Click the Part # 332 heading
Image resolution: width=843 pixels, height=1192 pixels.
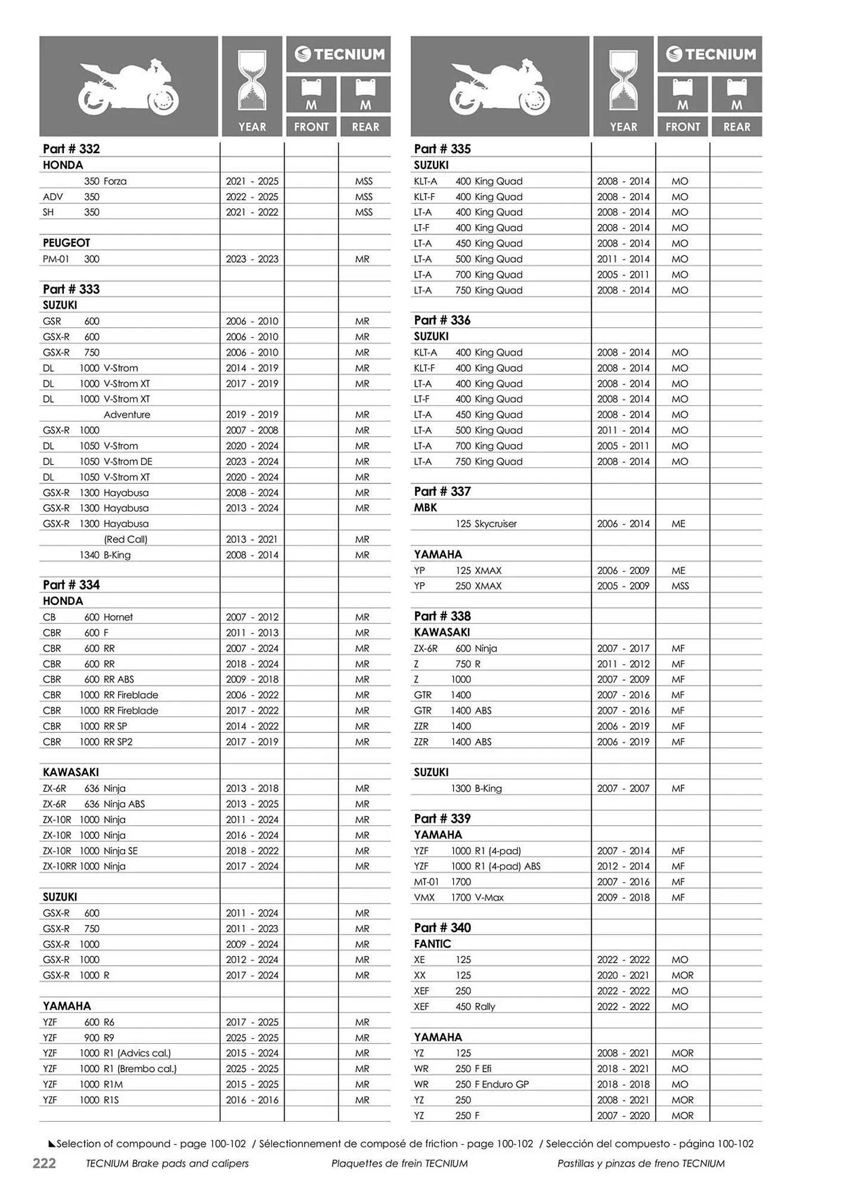71,149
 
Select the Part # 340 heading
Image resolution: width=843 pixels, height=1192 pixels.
442,928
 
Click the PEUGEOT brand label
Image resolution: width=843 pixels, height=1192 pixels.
66,243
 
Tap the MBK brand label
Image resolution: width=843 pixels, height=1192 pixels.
425,508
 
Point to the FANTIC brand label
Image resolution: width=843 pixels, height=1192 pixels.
432,944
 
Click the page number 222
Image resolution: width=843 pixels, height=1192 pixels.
44,1163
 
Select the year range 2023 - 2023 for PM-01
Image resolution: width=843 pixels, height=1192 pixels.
252,259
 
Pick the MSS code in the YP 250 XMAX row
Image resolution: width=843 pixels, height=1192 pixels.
680,586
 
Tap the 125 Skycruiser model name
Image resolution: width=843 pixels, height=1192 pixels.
486,524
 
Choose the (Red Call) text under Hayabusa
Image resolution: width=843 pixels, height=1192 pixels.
125,539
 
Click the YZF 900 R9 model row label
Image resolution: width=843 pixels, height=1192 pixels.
78,1038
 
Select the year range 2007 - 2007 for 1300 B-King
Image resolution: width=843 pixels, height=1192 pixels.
623,789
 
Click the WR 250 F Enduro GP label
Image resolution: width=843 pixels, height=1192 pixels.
471,1084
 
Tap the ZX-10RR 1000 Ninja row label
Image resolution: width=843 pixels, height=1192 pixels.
84,867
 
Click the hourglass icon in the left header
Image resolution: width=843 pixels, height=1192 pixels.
252,81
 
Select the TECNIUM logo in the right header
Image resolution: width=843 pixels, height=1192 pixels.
710,54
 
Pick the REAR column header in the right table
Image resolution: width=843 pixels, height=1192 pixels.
737,127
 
